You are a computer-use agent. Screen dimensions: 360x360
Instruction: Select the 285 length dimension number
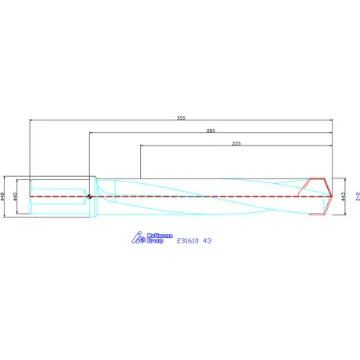[x=211, y=131]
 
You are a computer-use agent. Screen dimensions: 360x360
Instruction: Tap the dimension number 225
[x=237, y=144]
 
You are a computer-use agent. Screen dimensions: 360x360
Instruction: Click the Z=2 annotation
[x=356, y=194]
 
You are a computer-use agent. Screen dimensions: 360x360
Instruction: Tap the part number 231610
[x=189, y=240]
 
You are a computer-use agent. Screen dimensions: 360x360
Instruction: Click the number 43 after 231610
[x=207, y=240]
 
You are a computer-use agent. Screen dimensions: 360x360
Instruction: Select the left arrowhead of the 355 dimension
[x=32, y=121]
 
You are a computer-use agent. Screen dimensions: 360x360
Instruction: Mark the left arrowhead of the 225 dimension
[x=142, y=147]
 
